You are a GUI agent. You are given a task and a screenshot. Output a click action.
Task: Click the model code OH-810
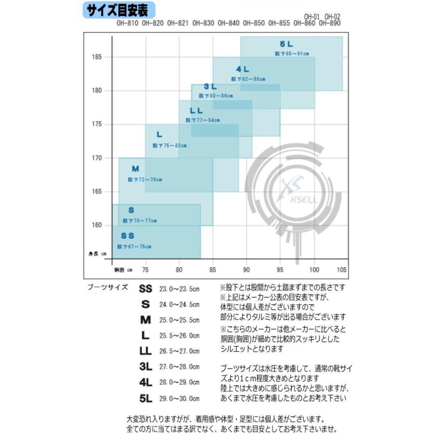pos(127,23)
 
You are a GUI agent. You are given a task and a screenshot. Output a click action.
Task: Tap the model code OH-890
pos(330,23)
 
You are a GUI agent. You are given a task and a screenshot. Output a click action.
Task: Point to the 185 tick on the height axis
pos(97,57)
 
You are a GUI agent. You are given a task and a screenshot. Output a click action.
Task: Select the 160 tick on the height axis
pos(97,225)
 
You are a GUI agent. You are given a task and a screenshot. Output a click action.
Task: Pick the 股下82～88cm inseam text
pos(248,79)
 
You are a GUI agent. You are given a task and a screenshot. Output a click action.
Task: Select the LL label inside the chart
pos(196,111)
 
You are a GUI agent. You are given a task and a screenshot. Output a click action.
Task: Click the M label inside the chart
pos(136,169)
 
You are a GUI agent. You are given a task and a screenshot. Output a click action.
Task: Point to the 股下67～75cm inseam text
pos(134,247)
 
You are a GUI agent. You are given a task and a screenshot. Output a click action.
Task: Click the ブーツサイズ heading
pos(108,287)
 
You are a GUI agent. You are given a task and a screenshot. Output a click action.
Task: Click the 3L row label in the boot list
pos(145,366)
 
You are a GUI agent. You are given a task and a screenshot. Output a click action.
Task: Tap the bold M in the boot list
pos(145,320)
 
